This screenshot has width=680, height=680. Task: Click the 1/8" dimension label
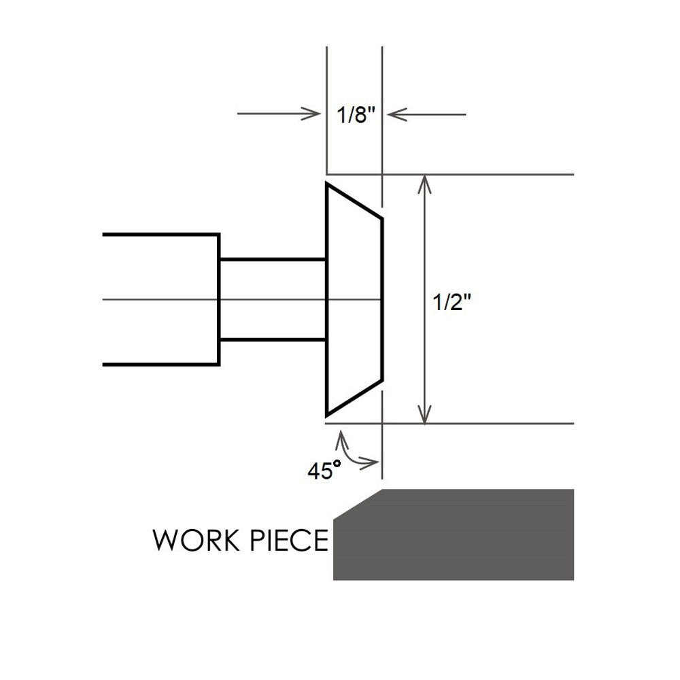click(356, 115)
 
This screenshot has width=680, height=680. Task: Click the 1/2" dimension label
click(452, 303)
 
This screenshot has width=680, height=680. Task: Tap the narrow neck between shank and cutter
click(272, 299)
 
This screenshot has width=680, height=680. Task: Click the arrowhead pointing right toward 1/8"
click(314, 114)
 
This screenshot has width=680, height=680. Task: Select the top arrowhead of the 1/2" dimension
click(425, 181)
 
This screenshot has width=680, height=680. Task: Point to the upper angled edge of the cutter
click(355, 201)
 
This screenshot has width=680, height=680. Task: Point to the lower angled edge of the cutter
click(355, 398)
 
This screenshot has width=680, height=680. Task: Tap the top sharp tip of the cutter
click(328, 184)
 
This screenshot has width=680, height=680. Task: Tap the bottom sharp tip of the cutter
click(328, 414)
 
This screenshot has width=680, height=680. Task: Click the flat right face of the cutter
click(381, 299)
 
